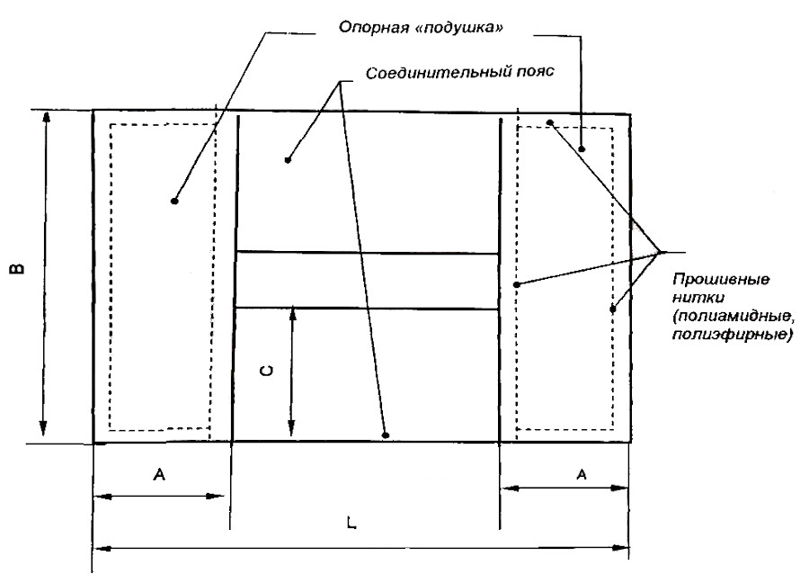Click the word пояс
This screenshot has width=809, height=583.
[534, 71]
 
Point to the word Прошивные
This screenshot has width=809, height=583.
[721, 280]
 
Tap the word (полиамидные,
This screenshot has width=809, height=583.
[733, 317]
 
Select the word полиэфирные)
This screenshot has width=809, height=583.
[732, 335]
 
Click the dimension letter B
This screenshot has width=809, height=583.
[18, 268]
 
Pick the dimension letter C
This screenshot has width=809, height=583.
[266, 371]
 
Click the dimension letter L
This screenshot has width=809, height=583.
[351, 523]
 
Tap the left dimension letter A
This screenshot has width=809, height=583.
[159, 474]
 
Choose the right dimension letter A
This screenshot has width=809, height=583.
[582, 474]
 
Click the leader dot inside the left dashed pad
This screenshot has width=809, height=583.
[174, 201]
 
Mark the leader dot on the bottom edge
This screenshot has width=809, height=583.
[385, 435]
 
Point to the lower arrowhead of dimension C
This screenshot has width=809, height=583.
[291, 427]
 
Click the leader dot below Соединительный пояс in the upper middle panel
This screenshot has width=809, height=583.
[288, 160]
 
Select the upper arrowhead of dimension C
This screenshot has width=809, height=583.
[292, 315]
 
